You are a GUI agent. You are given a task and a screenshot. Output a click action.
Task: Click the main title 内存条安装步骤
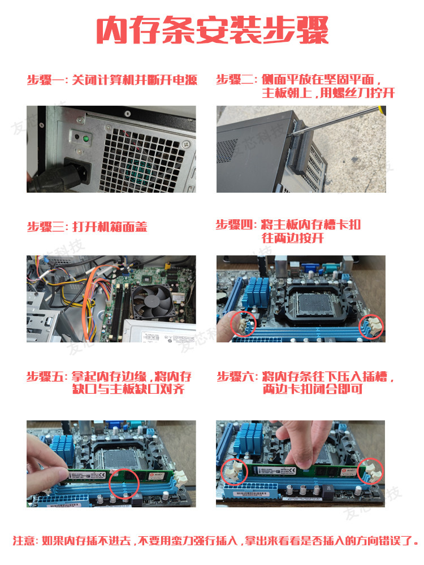coord(213,30)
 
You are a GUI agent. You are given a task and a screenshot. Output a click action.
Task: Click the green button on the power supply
coord(86,138)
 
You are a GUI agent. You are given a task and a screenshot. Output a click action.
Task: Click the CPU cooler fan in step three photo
coord(154,302)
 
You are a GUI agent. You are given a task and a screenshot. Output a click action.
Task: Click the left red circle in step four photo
coord(243,323)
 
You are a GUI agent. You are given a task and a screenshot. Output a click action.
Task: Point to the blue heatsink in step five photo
coord(62,449)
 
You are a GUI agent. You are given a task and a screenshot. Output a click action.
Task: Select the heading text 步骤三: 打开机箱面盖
coord(87,227)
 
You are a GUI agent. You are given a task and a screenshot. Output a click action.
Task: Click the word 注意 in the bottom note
coord(24,541)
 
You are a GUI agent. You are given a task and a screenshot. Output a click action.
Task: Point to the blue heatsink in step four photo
coord(256,292)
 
